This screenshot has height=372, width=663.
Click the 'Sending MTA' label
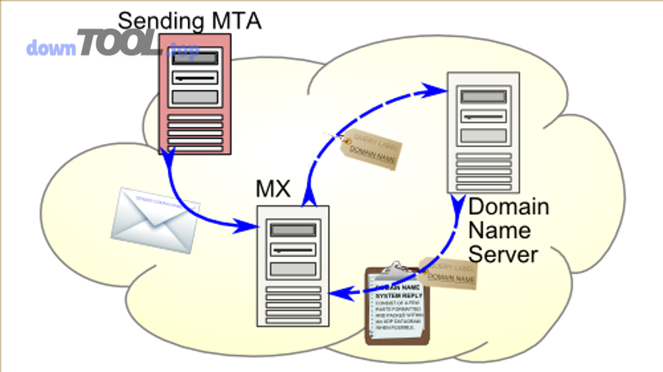pos(189,19)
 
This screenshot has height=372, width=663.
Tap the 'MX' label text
pos(273,189)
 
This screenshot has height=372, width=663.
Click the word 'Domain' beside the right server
pos(509,206)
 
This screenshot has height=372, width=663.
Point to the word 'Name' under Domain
pos(499,230)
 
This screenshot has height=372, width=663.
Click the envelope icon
pos(152,219)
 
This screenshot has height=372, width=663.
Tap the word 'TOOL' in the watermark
pos(118,44)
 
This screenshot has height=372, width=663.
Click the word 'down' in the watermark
pos(52,49)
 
